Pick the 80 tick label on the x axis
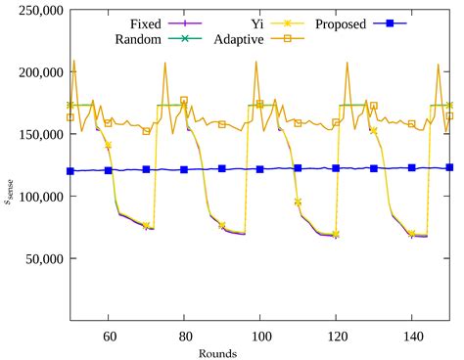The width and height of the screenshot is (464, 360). point(184,335)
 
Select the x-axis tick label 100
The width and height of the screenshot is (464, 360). point(260,335)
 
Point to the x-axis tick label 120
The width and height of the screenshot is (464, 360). point(336,335)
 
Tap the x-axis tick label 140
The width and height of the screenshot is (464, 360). point(412,335)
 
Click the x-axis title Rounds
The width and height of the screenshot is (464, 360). point(260,352)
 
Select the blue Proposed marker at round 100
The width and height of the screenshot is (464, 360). point(260,169)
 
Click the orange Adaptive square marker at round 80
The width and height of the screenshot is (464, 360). point(184,101)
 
